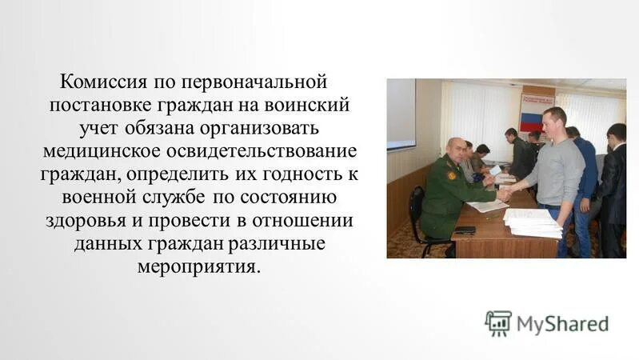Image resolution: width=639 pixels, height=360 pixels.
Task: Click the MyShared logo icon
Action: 497,323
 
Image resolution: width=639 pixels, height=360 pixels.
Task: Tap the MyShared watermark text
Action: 562,324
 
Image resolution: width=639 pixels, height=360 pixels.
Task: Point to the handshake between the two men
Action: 504,194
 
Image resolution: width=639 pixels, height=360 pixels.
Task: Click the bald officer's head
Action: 456,149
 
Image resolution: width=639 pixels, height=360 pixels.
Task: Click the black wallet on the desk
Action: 464,230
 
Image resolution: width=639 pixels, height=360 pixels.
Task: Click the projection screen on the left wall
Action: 401,114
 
